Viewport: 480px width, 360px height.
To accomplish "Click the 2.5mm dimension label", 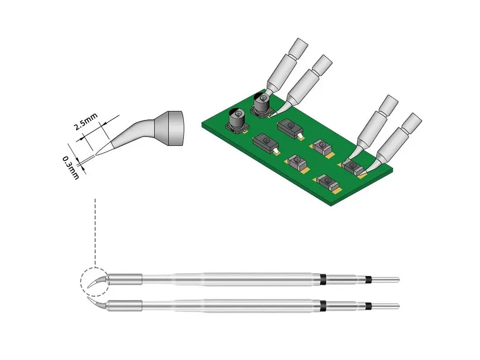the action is pyautogui.click(x=86, y=121).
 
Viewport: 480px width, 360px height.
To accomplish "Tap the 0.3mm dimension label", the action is pyautogui.click(x=71, y=168).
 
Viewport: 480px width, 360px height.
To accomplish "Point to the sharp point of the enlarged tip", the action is pyautogui.click(x=96, y=155).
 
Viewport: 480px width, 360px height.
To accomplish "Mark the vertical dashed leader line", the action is pyautogui.click(x=95, y=233).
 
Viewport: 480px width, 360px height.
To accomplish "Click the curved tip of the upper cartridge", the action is pyautogui.click(x=97, y=282).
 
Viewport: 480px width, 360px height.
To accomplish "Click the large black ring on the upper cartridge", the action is pyautogui.click(x=322, y=279).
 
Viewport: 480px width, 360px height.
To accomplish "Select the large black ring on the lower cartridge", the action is pyautogui.click(x=322, y=305).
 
